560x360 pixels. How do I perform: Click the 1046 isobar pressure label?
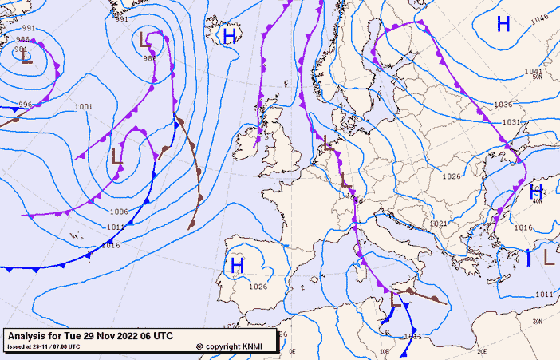click(x=540, y=19)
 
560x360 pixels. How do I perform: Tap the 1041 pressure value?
click(x=534, y=72)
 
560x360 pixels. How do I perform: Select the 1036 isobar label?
click(x=503, y=105)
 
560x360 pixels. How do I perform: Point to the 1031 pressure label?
click(x=511, y=122)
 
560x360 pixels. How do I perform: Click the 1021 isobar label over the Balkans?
click(x=438, y=224)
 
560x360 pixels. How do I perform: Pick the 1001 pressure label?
click(x=83, y=107)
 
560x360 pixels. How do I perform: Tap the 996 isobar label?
click(x=25, y=105)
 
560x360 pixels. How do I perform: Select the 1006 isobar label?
click(x=119, y=212)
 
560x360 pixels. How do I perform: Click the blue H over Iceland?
click(x=230, y=36)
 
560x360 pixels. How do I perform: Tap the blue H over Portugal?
click(x=237, y=265)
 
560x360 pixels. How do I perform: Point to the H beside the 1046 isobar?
click(x=503, y=24)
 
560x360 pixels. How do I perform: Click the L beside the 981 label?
click(x=26, y=57)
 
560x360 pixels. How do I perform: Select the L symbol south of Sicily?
click(x=396, y=300)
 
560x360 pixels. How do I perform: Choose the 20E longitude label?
click(x=481, y=350)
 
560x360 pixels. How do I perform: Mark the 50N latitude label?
click(x=537, y=77)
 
